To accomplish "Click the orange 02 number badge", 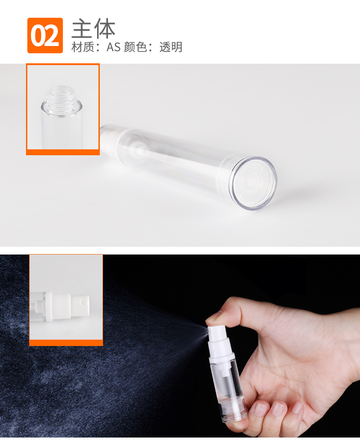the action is [45, 36].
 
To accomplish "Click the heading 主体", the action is [93, 29].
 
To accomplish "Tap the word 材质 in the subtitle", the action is [82, 47].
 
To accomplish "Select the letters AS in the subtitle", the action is [113, 47].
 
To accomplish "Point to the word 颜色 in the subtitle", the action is [135, 47].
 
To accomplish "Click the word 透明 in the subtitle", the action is [171, 47].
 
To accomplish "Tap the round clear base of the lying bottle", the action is [253, 183].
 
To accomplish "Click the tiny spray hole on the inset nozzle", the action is [84, 301].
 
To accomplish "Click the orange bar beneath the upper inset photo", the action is [63, 152].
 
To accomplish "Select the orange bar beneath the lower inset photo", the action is [66, 343].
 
